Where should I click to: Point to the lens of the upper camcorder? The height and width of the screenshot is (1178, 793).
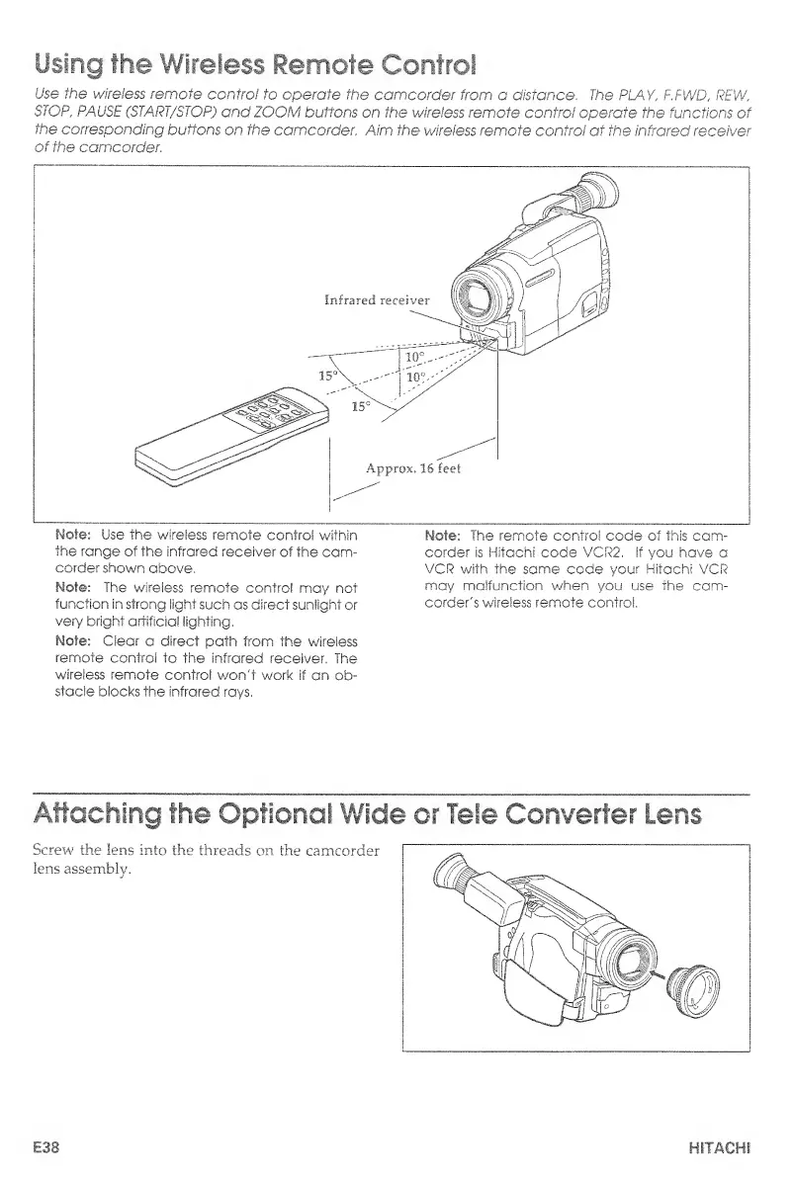tap(486, 297)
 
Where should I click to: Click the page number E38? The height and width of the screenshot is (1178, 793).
tap(49, 1149)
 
